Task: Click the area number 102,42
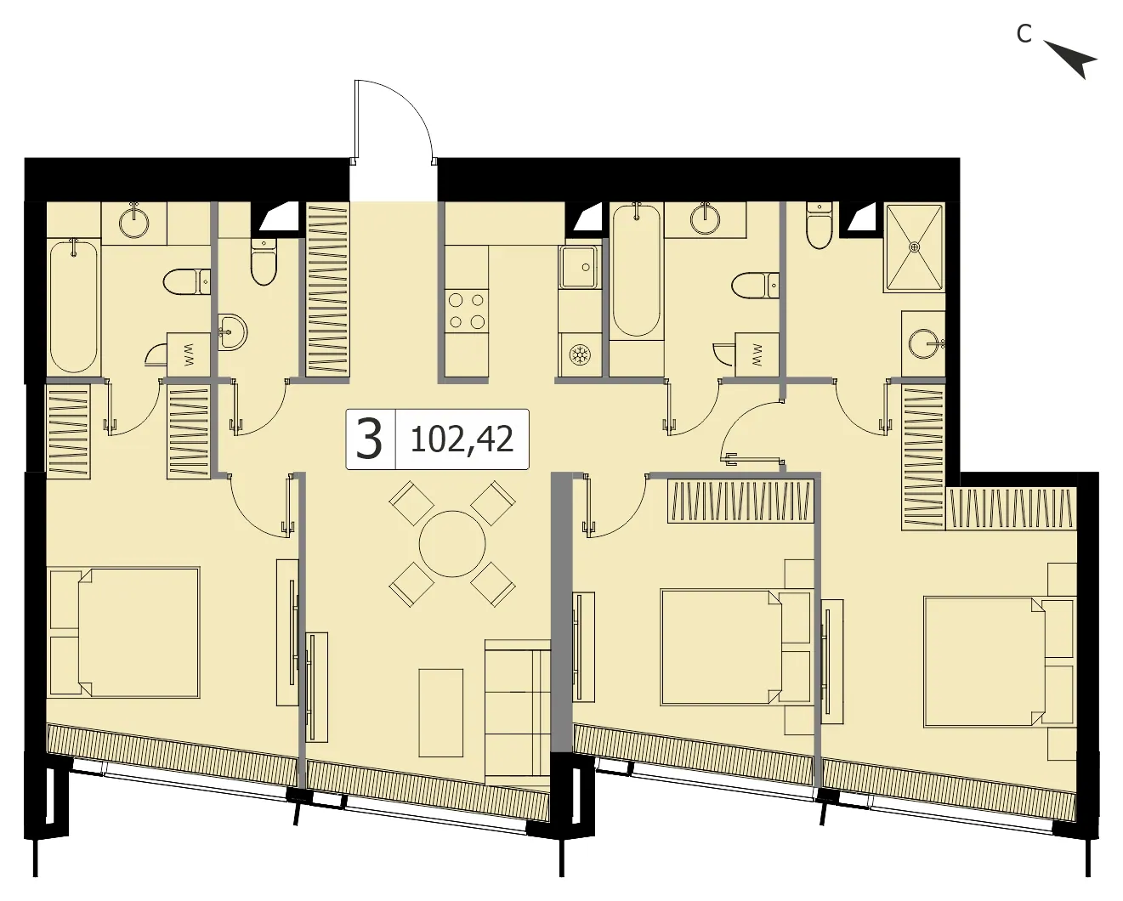pos(462,440)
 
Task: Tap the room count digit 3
pos(369,439)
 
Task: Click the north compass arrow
pos(1070,59)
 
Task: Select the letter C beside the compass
pos(1024,34)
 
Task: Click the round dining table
pos(452,544)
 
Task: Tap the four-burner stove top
pos(467,311)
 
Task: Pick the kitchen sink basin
pos(579,267)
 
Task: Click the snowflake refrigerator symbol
pos(578,355)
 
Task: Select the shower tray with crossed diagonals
pos(914,247)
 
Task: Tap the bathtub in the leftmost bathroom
pos(74,305)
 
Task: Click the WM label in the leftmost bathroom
pos(189,354)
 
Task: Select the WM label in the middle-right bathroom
pos(757,354)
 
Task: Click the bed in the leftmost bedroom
pos(124,632)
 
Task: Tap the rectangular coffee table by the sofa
pos(441,712)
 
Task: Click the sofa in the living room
pos(517,711)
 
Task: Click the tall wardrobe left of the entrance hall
pos(327,289)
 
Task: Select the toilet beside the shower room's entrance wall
pos(819,226)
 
